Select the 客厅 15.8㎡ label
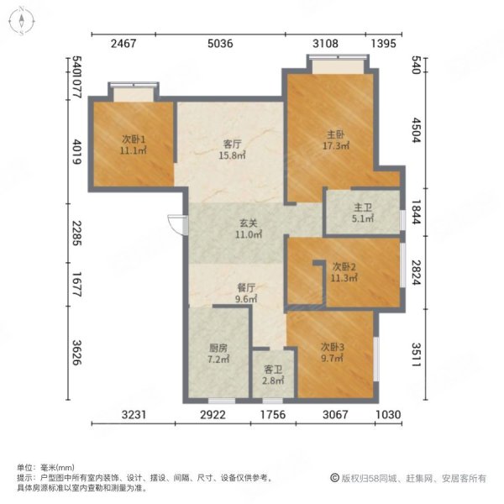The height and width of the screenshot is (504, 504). (232, 150)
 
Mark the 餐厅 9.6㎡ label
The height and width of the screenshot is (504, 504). (244, 292)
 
